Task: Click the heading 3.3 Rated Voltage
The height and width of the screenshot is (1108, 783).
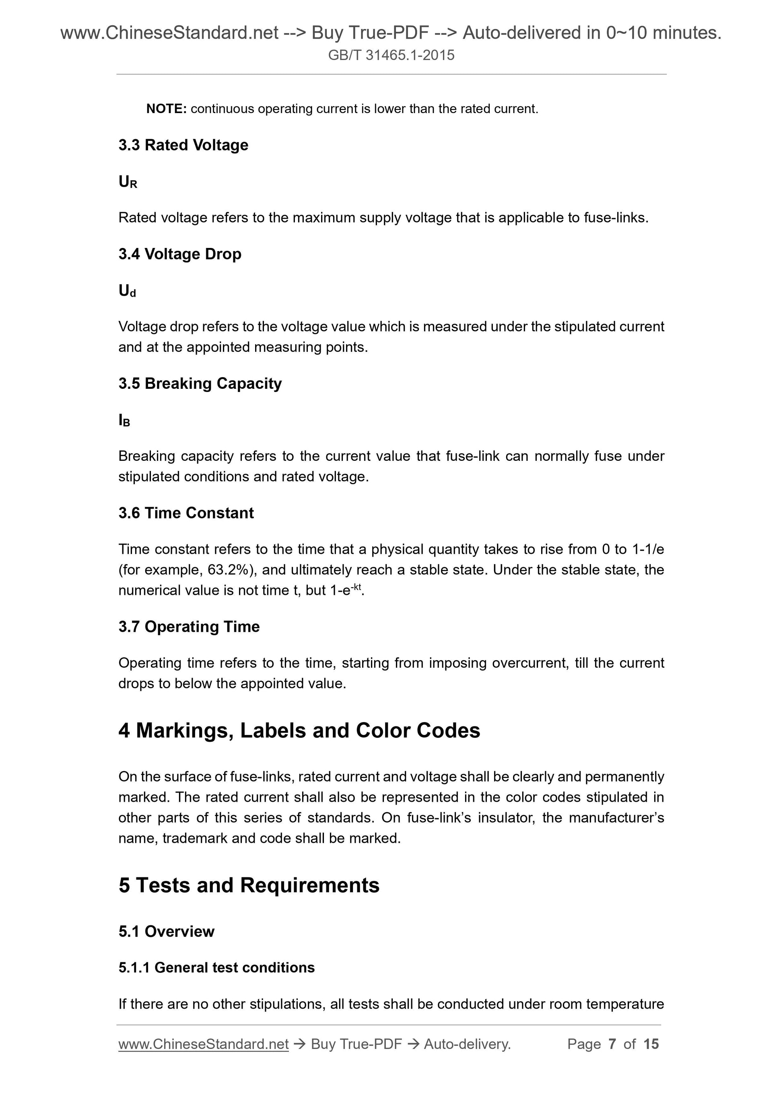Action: pyautogui.click(x=183, y=145)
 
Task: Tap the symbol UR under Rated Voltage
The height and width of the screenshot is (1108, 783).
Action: pyautogui.click(x=128, y=182)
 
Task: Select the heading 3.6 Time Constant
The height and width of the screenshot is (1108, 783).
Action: pyautogui.click(x=186, y=513)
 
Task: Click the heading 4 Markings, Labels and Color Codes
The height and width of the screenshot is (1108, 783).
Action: pyautogui.click(x=299, y=730)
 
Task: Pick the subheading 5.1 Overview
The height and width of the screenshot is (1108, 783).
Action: pyautogui.click(x=167, y=931)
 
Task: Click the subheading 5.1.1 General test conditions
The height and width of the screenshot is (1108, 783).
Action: pyautogui.click(x=216, y=968)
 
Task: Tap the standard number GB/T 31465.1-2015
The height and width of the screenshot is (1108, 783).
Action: pyautogui.click(x=391, y=55)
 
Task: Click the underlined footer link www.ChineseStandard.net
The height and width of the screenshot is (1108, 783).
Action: pyautogui.click(x=203, y=1044)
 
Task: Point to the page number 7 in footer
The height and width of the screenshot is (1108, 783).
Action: pyautogui.click(x=612, y=1044)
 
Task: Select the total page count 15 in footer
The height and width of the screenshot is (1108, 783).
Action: pyautogui.click(x=651, y=1044)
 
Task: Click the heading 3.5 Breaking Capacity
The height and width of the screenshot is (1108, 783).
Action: pyautogui.click(x=200, y=384)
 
